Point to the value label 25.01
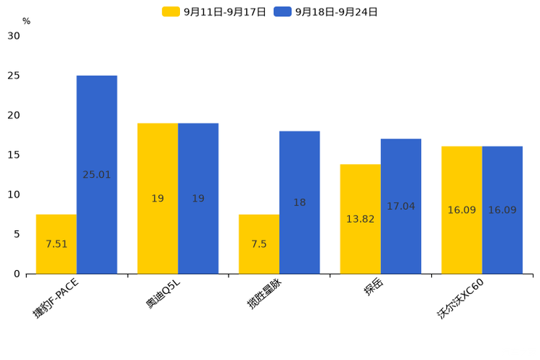click(97, 175)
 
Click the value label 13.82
click(360, 219)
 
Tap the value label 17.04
click(401, 207)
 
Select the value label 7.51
click(56, 245)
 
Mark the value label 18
click(299, 203)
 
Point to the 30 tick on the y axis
click(14, 36)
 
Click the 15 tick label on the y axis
click(14, 155)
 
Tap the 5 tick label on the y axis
click(17, 234)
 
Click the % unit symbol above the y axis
click(26, 21)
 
